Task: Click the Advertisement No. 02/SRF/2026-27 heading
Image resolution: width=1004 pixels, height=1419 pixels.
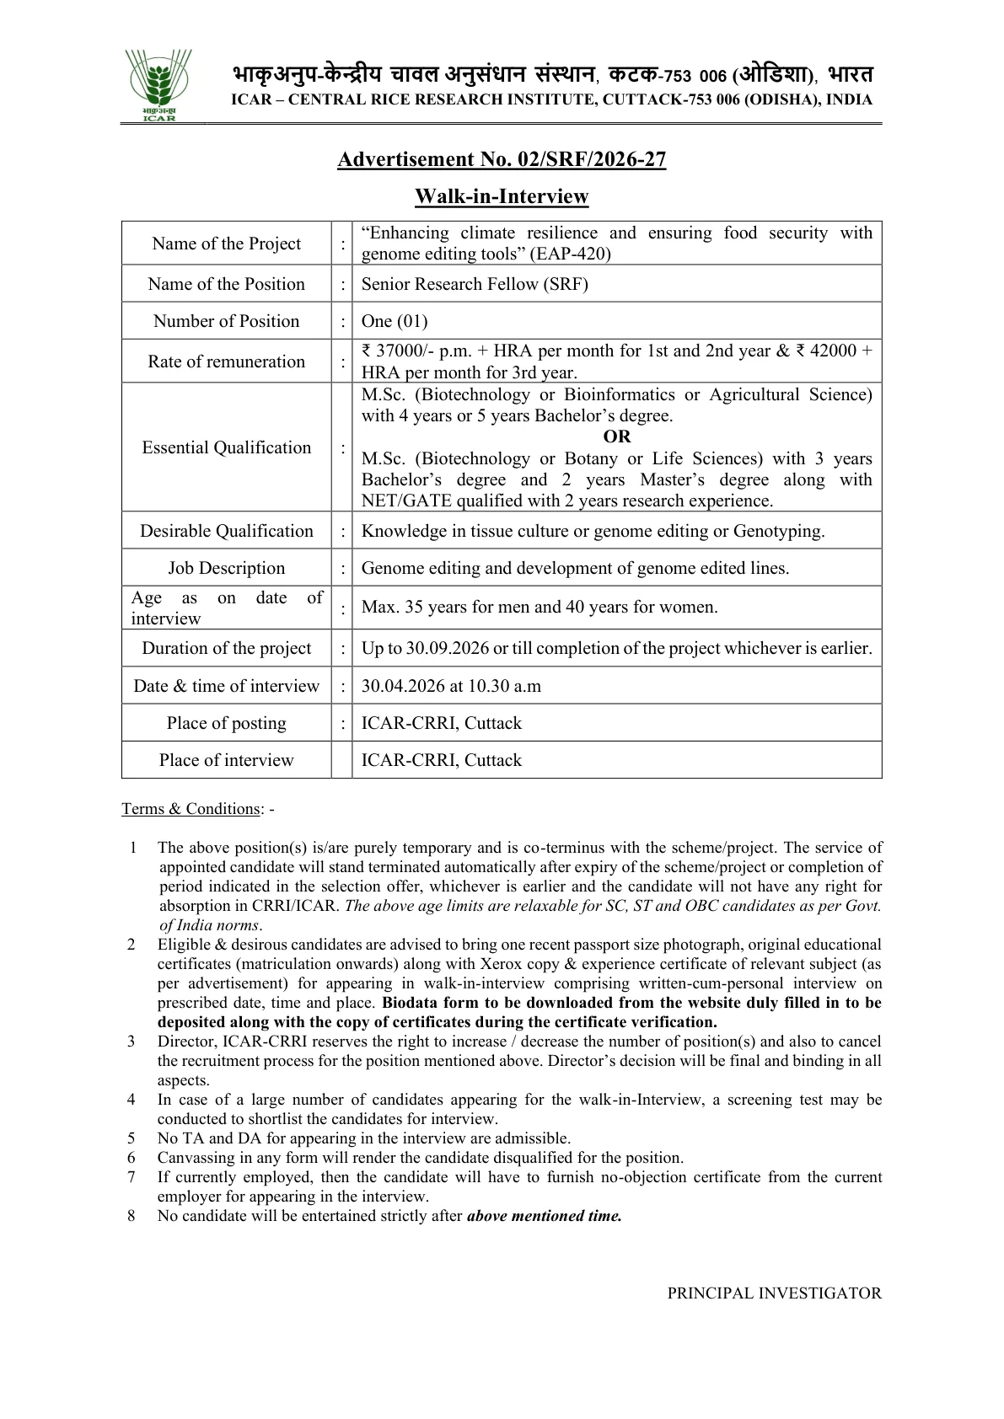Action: point(502,159)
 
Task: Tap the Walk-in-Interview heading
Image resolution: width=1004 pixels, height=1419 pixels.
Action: point(502,196)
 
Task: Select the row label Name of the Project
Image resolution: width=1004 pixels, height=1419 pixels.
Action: point(226,244)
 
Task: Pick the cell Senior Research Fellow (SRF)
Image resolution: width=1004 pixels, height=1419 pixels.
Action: point(475,284)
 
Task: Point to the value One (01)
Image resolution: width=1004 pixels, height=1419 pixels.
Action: point(395,321)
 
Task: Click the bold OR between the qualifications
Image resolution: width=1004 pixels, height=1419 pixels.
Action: point(616,436)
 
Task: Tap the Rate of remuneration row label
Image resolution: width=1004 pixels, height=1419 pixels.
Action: point(226,361)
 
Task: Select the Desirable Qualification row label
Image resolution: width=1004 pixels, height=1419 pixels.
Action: point(226,531)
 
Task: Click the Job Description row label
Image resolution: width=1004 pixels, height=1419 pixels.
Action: point(226,568)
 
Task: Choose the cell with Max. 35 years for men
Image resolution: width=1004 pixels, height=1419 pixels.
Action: point(540,607)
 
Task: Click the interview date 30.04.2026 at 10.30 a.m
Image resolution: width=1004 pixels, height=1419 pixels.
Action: point(451,686)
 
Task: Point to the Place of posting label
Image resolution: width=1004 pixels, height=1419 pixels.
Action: point(226,723)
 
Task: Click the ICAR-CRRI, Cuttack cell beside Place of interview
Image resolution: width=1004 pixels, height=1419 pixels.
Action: point(441,760)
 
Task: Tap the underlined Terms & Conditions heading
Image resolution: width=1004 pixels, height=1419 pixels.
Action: point(191,809)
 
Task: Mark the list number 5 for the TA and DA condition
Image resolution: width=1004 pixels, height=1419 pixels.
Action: point(132,1138)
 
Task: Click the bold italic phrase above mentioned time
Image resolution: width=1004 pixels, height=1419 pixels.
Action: point(544,1216)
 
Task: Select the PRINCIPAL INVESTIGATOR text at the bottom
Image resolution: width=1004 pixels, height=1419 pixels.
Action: point(774,1293)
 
